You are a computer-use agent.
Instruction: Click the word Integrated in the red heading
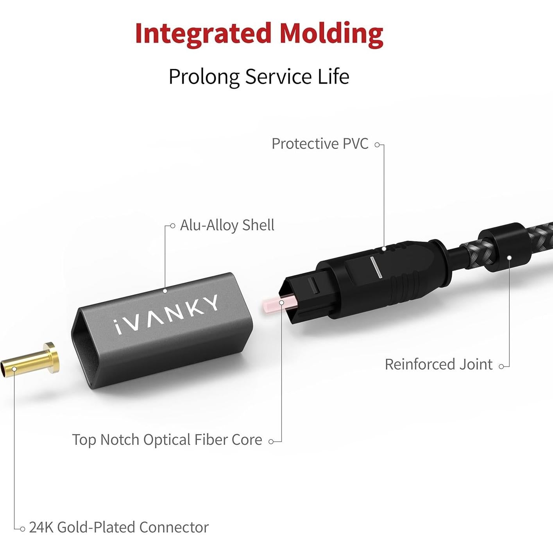203,34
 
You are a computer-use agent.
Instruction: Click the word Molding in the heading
331,34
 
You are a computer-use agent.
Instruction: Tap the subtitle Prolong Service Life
258,77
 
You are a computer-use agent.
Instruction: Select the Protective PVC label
320,144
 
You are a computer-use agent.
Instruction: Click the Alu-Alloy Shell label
227,225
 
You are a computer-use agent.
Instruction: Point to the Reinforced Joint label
438,365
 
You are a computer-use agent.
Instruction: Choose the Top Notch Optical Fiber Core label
167,440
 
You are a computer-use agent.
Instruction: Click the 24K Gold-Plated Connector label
119,528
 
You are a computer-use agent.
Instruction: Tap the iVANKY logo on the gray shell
166,315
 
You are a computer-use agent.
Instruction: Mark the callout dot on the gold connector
14,369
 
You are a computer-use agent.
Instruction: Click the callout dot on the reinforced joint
509,258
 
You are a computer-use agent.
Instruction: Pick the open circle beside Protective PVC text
377,145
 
